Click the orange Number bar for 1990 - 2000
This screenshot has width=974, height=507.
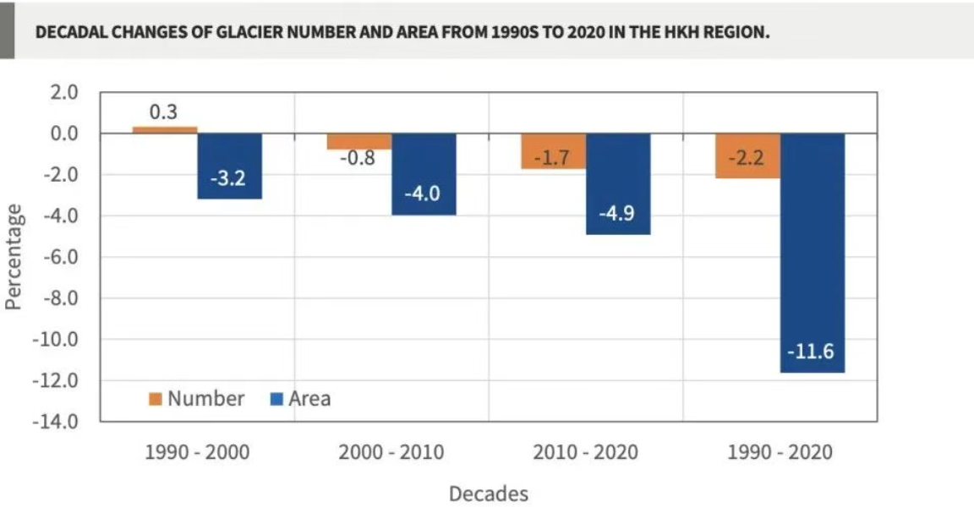click(x=165, y=129)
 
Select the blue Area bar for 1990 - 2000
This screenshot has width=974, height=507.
click(x=230, y=166)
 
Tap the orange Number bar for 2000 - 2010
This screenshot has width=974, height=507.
click(x=359, y=141)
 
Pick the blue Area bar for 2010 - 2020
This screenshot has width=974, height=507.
click(x=618, y=183)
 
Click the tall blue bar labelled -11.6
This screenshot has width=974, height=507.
click(x=813, y=253)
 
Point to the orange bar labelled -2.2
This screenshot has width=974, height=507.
click(x=748, y=155)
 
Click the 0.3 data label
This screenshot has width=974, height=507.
click(x=163, y=112)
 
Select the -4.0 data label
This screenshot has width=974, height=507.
click(x=423, y=193)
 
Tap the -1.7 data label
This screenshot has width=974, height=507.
click(x=552, y=158)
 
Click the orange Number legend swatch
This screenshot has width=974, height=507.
click(x=156, y=399)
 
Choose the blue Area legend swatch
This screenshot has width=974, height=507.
click(x=276, y=399)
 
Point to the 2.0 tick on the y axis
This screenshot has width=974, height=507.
click(x=64, y=92)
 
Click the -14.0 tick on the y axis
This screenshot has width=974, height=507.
click(x=56, y=422)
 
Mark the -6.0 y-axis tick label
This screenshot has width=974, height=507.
click(x=60, y=257)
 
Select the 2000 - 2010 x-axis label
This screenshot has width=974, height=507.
click(x=391, y=452)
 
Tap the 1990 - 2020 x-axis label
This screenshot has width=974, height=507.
click(x=780, y=452)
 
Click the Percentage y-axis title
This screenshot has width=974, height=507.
click(x=14, y=257)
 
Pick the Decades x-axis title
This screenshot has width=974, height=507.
click(x=489, y=494)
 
